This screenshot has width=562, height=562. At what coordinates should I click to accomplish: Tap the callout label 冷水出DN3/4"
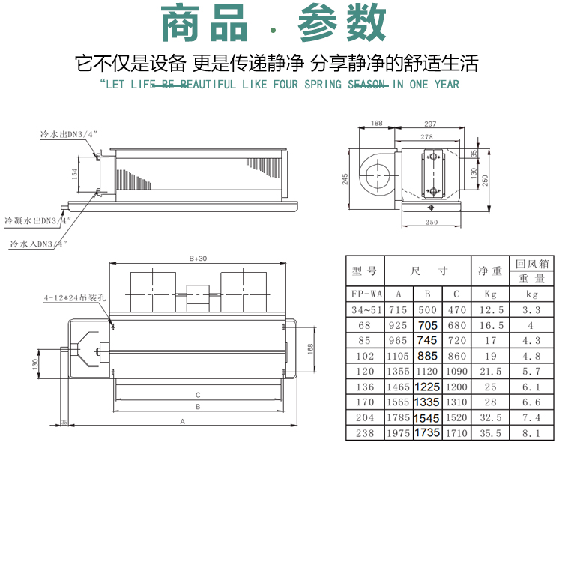(70, 135)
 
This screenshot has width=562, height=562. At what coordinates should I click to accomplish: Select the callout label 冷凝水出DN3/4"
(37, 221)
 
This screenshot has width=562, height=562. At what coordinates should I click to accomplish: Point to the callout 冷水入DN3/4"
(38, 244)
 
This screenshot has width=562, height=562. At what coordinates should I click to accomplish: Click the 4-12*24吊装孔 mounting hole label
(75, 297)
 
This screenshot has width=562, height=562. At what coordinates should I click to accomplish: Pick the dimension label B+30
(198, 258)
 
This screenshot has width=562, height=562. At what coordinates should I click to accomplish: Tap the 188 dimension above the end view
(376, 123)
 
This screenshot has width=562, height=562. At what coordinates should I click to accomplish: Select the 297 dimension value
(430, 123)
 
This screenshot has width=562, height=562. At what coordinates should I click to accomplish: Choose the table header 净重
(490, 271)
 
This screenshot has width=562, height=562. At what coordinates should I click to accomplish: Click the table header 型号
(364, 271)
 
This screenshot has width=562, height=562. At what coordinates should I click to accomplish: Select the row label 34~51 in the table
(364, 309)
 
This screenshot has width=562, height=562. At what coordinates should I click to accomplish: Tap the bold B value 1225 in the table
(426, 387)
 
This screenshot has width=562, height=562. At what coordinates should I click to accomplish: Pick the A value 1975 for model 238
(399, 433)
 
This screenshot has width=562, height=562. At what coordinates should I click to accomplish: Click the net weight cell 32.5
(490, 417)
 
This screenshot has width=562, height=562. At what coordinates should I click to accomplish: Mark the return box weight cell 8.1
(532, 433)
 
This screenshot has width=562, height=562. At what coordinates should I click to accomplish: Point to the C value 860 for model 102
(456, 356)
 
